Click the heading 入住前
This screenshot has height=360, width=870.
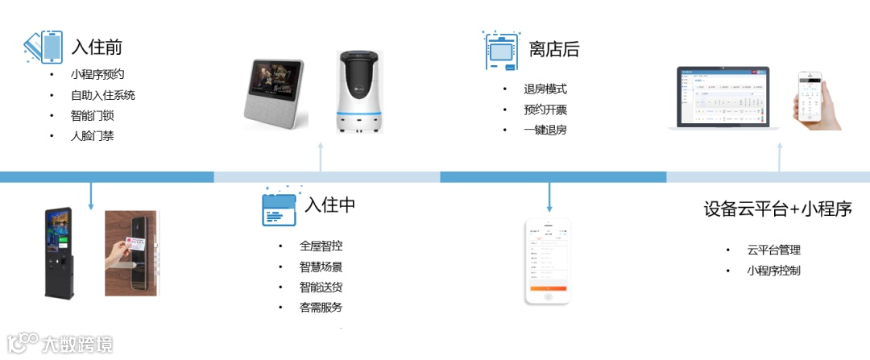coord(97,47)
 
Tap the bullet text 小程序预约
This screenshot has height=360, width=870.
coord(97,74)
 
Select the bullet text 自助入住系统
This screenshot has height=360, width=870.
coord(102,95)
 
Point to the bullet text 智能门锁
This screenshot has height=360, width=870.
coord(92,115)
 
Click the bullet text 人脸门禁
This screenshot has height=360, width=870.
coord(92,135)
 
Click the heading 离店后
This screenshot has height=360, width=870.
coord(553,50)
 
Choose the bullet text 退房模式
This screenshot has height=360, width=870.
coord(545,89)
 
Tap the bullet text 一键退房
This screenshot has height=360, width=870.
coord(545,129)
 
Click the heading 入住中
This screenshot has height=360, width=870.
coord(329,205)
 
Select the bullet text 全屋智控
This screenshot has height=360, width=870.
coord(321,246)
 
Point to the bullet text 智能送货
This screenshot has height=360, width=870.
coord(321,287)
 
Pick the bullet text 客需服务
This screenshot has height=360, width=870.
coord(321,307)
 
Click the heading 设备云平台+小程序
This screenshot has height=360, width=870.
coord(777,209)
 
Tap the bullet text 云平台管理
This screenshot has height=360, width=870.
coord(773,250)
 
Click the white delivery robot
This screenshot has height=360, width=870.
coord(358,90)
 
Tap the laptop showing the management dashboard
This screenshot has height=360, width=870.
coord(723,99)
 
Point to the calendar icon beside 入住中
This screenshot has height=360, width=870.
coord(279,209)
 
